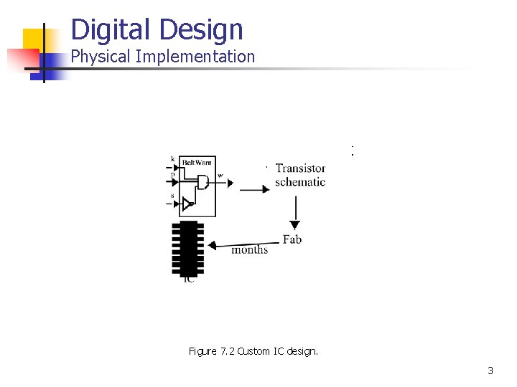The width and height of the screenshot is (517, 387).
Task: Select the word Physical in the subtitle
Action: coord(100,57)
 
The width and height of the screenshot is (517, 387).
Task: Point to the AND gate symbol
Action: coord(204,182)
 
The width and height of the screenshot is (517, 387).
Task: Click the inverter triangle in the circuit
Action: coord(187,204)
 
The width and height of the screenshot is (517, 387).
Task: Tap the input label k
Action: coord(172,158)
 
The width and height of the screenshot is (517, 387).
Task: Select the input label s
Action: coord(172,195)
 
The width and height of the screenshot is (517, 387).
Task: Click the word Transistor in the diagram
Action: coord(300,168)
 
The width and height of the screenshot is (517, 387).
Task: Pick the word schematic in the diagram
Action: coord(300,182)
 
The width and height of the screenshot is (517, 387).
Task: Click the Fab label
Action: coord(292,239)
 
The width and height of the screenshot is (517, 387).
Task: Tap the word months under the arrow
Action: coord(249,249)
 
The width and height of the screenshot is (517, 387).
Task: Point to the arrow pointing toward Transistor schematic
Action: coord(254,189)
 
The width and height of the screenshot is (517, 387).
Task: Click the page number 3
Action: coord(490,371)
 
